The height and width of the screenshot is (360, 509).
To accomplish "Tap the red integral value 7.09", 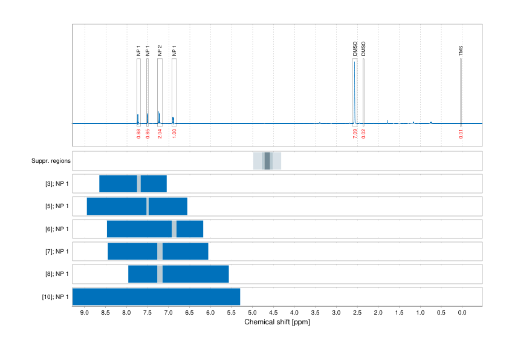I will tap(355, 134).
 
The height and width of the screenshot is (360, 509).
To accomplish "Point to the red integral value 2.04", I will tap(160, 134).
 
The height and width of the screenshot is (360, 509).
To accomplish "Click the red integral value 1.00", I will tap(174, 134).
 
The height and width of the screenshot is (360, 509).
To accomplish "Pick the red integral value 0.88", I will tap(138, 134).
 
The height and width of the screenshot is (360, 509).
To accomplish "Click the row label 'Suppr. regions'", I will tap(51, 161).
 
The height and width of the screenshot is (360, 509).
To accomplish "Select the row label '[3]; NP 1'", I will tap(57, 183).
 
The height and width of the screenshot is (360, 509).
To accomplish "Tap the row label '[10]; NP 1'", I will tap(55, 297).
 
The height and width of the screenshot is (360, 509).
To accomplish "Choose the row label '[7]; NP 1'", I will tap(57, 252).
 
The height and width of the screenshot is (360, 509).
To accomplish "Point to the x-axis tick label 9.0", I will tap(85, 313).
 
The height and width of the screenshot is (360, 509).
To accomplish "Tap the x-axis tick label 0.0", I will tap(462, 313).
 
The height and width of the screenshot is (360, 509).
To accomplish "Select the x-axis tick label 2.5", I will tap(357, 313).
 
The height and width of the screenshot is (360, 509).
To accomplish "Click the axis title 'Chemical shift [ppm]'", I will tap(277, 322).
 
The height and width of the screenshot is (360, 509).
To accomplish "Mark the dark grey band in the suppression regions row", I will tap(267, 161).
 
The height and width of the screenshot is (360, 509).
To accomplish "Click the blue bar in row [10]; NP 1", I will tap(156, 297).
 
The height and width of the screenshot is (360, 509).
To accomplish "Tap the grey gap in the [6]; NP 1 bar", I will tap(174, 229).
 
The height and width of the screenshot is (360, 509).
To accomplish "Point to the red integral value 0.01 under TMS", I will tap(461, 134).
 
